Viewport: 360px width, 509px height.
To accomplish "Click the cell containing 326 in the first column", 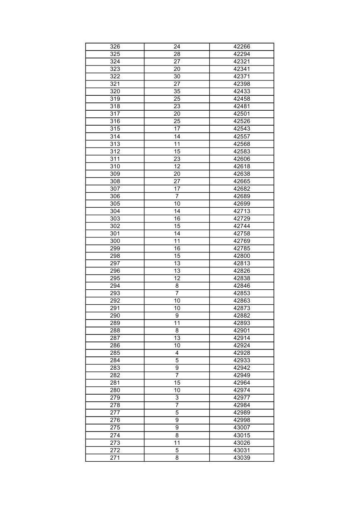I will coord(115,47).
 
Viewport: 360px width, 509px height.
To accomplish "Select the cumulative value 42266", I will coord(241,47).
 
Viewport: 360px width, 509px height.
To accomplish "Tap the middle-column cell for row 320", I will coord(177,92).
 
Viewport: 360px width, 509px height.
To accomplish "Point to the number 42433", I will coord(241,92).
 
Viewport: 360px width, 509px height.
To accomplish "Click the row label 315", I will coord(115,129).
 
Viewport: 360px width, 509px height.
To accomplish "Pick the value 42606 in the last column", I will coord(241,159).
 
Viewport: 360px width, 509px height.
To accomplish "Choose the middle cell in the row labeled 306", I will coord(177,196).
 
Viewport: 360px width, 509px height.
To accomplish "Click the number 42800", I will coord(241,256).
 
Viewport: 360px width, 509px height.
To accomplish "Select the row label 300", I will coord(115,241).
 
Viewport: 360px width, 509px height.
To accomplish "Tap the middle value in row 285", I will coord(177,353).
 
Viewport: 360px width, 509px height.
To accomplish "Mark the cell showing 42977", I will coord(241,398).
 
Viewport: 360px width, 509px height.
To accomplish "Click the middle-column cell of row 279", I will coord(177,398).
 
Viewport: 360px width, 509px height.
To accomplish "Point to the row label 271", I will coord(115,458).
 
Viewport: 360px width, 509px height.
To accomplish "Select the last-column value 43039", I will coord(241,458).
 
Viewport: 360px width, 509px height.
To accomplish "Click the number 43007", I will coord(241,427).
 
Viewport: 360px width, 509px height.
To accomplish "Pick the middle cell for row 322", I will coord(177,77).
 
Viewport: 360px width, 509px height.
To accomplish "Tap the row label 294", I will coord(115,286).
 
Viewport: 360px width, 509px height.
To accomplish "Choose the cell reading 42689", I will coord(241,196).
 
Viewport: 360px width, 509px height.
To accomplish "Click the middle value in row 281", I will coord(177,383).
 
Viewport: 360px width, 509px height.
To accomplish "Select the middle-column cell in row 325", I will coord(177,54).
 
